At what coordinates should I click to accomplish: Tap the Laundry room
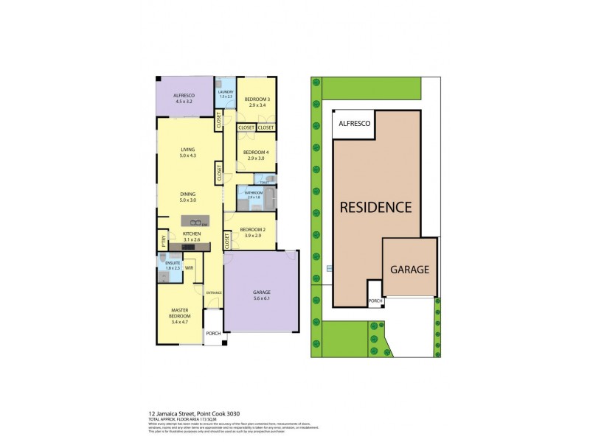click(x=226, y=93)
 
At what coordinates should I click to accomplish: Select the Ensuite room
click(x=173, y=265)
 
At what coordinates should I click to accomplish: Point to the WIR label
click(x=189, y=267)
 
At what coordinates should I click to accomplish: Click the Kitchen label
click(x=191, y=236)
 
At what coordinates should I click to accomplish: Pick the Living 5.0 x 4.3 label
click(x=187, y=152)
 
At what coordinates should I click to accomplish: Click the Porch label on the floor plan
click(x=213, y=334)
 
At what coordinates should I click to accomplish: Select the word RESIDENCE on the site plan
click(x=375, y=207)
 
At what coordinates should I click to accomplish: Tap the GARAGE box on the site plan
click(x=409, y=270)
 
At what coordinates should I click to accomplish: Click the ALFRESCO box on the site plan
click(x=355, y=124)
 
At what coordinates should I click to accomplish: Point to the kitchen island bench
click(x=195, y=221)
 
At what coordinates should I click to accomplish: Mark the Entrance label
click(x=214, y=293)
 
